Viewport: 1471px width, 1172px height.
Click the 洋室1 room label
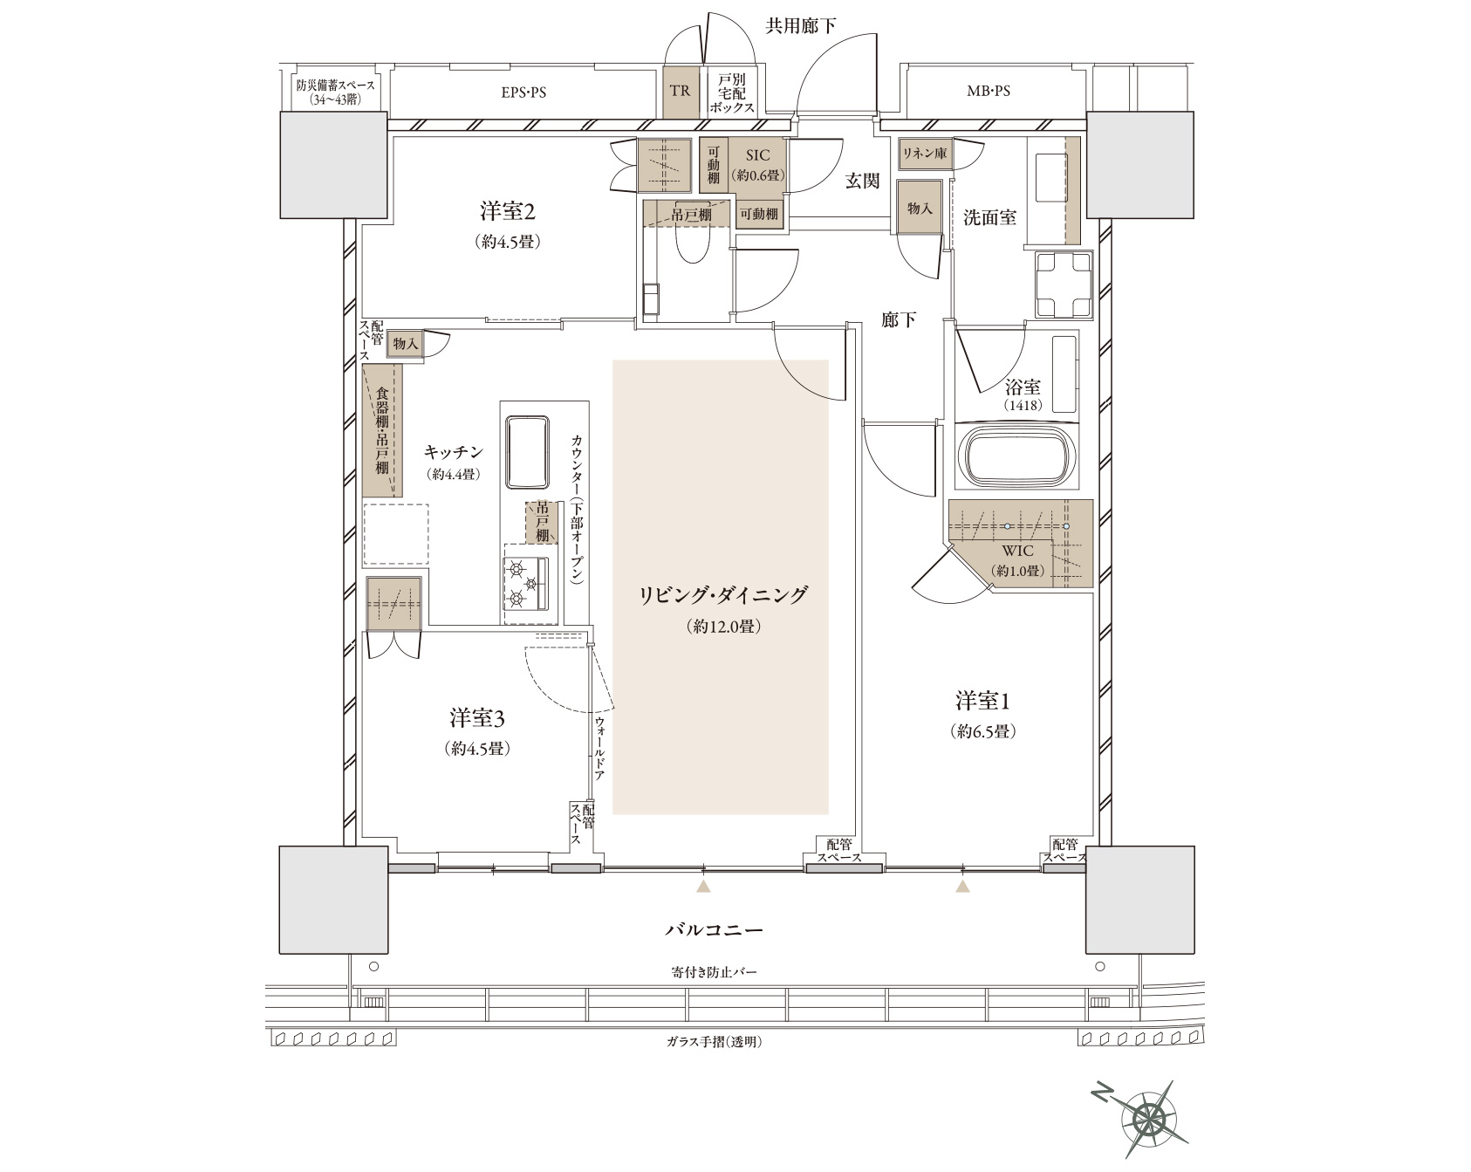(x=982, y=700)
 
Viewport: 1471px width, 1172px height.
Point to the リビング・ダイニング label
(x=723, y=595)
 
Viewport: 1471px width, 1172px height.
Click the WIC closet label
(x=1016, y=551)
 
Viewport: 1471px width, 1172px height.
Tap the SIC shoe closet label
(x=757, y=154)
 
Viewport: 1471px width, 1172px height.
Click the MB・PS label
(x=989, y=91)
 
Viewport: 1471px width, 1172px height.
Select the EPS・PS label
(x=523, y=91)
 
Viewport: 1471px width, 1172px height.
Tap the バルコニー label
(x=714, y=929)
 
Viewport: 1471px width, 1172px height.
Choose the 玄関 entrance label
(x=862, y=182)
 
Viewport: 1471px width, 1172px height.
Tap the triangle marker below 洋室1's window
(x=963, y=887)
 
